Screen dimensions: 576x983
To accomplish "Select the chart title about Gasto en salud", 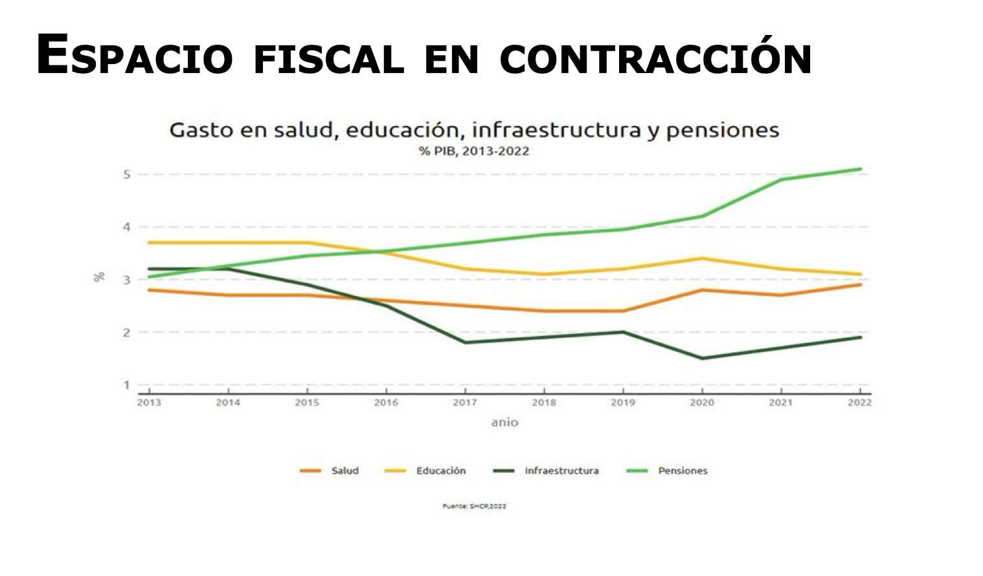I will [x=474, y=130].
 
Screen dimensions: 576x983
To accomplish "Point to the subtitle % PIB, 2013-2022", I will [x=474, y=151].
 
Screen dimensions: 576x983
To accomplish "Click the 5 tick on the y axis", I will [x=128, y=174].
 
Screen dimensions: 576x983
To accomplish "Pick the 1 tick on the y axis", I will [x=128, y=385].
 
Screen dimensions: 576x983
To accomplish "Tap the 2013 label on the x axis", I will [x=150, y=403].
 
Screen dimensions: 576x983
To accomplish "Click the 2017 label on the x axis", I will [x=465, y=403].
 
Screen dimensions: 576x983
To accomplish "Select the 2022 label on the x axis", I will [x=860, y=403].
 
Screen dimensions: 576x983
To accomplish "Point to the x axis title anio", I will [x=504, y=423].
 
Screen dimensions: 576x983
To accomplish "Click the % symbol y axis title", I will [x=99, y=277].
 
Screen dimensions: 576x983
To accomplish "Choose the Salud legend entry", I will [x=345, y=471].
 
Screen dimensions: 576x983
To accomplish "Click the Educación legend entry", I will [x=440, y=471].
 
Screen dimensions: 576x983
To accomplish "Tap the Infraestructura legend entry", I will [x=561, y=471].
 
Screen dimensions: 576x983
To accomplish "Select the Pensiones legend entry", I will [x=683, y=471].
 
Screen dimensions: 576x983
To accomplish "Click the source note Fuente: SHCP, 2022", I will [x=474, y=506].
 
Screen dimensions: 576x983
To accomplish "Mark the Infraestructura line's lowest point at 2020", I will [x=702, y=358].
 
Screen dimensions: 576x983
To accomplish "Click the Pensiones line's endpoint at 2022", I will [x=861, y=170].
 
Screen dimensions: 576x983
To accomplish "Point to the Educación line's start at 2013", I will [x=150, y=243].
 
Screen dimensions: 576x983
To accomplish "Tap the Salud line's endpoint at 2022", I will [x=861, y=285].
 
